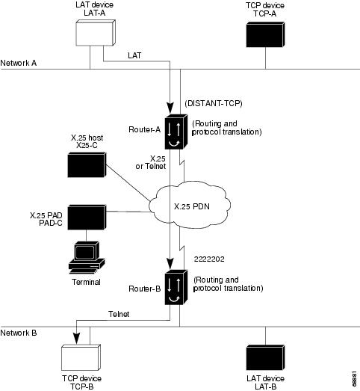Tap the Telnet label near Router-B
pyautogui.click(x=120, y=315)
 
